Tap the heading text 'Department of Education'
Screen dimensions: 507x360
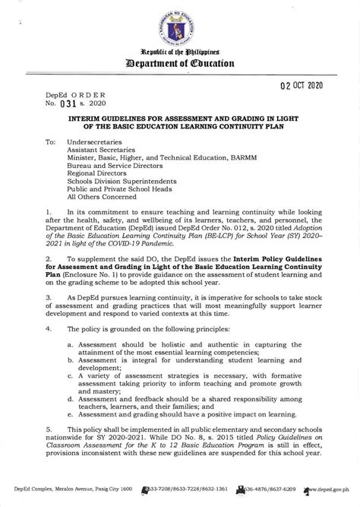pos(180,64)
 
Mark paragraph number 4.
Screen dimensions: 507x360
pos(48,328)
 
